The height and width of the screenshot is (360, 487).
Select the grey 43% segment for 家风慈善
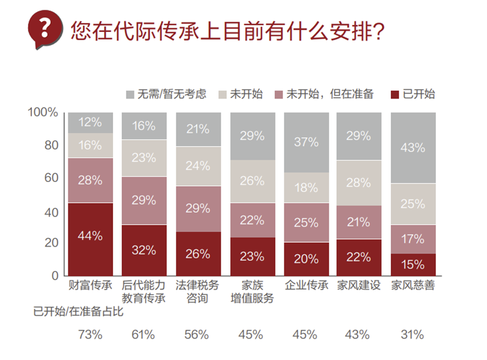[413, 148]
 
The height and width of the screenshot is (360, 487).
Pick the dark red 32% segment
[144, 250]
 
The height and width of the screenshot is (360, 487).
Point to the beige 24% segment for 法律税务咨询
[198, 166]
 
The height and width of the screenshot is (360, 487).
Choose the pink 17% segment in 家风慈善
[413, 239]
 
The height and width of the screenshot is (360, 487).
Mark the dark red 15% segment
[413, 264]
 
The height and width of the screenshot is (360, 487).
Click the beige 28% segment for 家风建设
[359, 183]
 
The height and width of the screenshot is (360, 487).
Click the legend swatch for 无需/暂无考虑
[129, 94]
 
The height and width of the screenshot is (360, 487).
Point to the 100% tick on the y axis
[43, 112]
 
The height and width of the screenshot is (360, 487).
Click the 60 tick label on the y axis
[51, 178]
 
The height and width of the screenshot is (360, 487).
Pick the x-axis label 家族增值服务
[252, 292]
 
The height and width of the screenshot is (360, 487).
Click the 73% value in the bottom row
[90, 334]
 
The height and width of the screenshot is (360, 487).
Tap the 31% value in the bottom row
[413, 334]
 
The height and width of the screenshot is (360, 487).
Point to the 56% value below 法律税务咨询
[198, 334]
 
